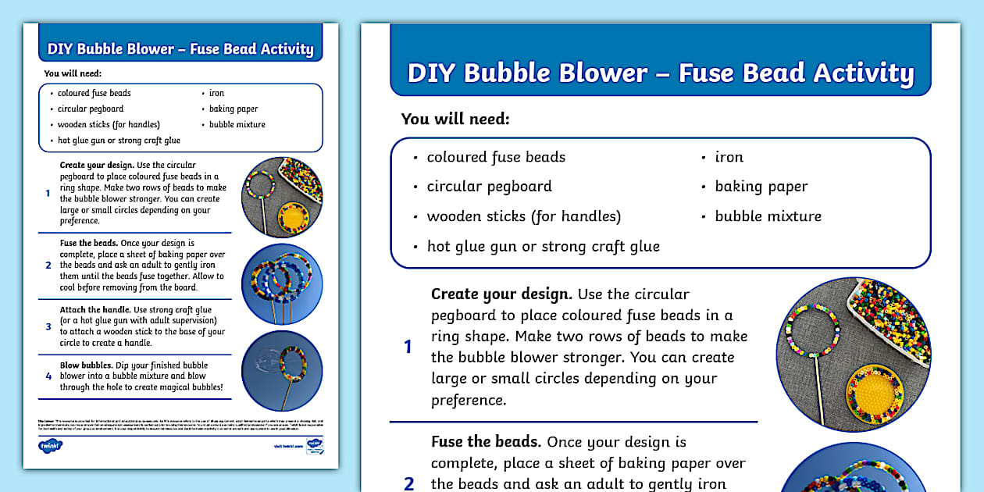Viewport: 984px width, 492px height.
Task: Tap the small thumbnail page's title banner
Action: pyautogui.click(x=180, y=49)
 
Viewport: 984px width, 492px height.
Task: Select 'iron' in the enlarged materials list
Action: pyautogui.click(x=729, y=157)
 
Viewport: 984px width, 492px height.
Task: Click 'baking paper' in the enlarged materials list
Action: pyautogui.click(x=761, y=187)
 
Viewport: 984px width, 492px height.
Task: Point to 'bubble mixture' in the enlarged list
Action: pyautogui.click(x=768, y=216)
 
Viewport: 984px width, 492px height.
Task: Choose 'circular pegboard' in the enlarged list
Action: pyautogui.click(x=489, y=187)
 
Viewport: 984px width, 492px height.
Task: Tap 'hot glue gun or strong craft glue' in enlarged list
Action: pyautogui.click(x=543, y=246)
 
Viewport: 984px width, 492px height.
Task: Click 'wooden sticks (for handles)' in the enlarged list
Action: pyautogui.click(x=523, y=216)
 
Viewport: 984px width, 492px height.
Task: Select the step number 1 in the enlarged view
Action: pyautogui.click(x=408, y=347)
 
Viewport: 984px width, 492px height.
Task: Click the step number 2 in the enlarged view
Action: pyautogui.click(x=408, y=483)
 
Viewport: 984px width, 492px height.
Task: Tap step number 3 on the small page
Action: pyautogui.click(x=48, y=326)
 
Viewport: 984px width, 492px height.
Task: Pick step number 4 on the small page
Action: pyautogui.click(x=48, y=376)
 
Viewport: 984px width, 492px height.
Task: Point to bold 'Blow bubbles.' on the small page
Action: pyautogui.click(x=86, y=365)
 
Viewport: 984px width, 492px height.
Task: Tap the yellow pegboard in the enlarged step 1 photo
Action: pyautogui.click(x=875, y=385)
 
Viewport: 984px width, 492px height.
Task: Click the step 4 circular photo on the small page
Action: pyautogui.click(x=282, y=370)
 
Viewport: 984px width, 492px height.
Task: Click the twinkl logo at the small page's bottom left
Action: pyautogui.click(x=50, y=446)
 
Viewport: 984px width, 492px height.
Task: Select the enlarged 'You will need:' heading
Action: pyautogui.click(x=455, y=119)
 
